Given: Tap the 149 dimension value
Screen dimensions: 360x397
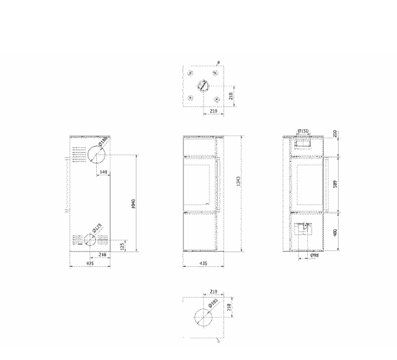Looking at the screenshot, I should (x=103, y=172).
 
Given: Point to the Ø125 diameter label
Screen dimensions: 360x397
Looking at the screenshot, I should (x=98, y=227).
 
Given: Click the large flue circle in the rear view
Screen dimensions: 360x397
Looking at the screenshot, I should (x=97, y=154).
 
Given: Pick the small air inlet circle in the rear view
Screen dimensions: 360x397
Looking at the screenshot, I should (x=89, y=240).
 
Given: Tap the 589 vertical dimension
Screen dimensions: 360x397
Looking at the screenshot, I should (x=336, y=183).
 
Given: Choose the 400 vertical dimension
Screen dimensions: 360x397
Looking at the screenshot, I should (x=336, y=232).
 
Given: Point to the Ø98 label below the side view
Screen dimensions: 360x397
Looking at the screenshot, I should (x=314, y=257).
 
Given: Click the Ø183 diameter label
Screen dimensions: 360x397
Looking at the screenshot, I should (x=215, y=305).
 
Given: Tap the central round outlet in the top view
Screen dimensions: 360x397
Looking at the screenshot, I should (x=203, y=85).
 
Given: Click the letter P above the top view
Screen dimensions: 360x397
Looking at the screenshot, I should (x=219, y=62).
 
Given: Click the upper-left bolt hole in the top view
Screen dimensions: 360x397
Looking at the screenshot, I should (x=190, y=74).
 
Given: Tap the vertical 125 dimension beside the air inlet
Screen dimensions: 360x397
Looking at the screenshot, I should (x=122, y=244).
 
